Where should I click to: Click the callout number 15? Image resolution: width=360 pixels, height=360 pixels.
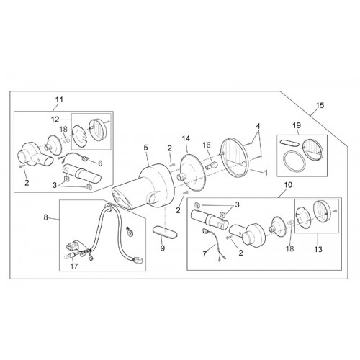point(320,105)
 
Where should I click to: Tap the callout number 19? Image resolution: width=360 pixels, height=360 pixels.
point(297,125)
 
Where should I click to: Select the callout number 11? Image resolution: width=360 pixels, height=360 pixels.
point(59,99)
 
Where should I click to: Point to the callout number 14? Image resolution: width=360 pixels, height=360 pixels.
point(186,138)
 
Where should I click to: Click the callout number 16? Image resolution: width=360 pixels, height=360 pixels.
point(207,145)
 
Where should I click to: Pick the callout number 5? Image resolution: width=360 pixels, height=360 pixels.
point(146,148)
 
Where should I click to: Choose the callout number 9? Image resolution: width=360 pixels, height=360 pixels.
point(163,248)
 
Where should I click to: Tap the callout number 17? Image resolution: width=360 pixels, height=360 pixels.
point(74,266)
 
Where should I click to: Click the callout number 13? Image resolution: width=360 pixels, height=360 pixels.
point(318,250)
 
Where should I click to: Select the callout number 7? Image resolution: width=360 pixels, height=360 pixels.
point(204,254)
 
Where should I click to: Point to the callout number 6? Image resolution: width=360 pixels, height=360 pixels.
point(100,163)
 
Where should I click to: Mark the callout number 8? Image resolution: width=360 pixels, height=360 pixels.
point(46,217)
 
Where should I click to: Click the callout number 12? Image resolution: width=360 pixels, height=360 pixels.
point(55,120)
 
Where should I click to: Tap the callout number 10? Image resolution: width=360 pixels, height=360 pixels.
point(288,185)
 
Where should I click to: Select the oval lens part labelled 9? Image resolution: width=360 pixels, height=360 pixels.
point(165,233)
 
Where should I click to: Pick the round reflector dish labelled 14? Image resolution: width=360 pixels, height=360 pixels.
point(192,173)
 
